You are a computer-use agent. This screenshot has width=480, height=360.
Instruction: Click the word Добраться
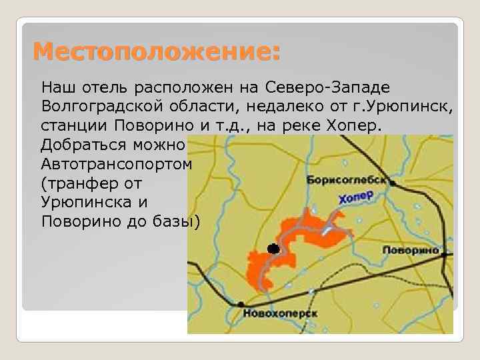click(81, 144)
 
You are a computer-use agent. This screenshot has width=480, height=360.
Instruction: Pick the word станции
click(74, 125)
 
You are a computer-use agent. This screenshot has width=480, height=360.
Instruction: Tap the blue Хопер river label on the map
click(354, 197)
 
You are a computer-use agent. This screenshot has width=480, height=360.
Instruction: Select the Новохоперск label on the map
click(280, 313)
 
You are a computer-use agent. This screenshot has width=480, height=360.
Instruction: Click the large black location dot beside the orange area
click(273, 249)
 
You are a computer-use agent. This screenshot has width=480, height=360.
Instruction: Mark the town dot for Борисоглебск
click(393, 182)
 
